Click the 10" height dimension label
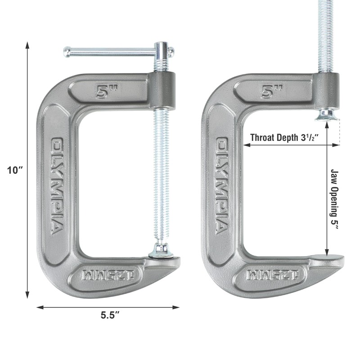point(15,170)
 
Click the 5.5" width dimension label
point(110,315)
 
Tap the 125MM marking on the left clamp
point(106,274)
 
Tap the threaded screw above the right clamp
point(326,36)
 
